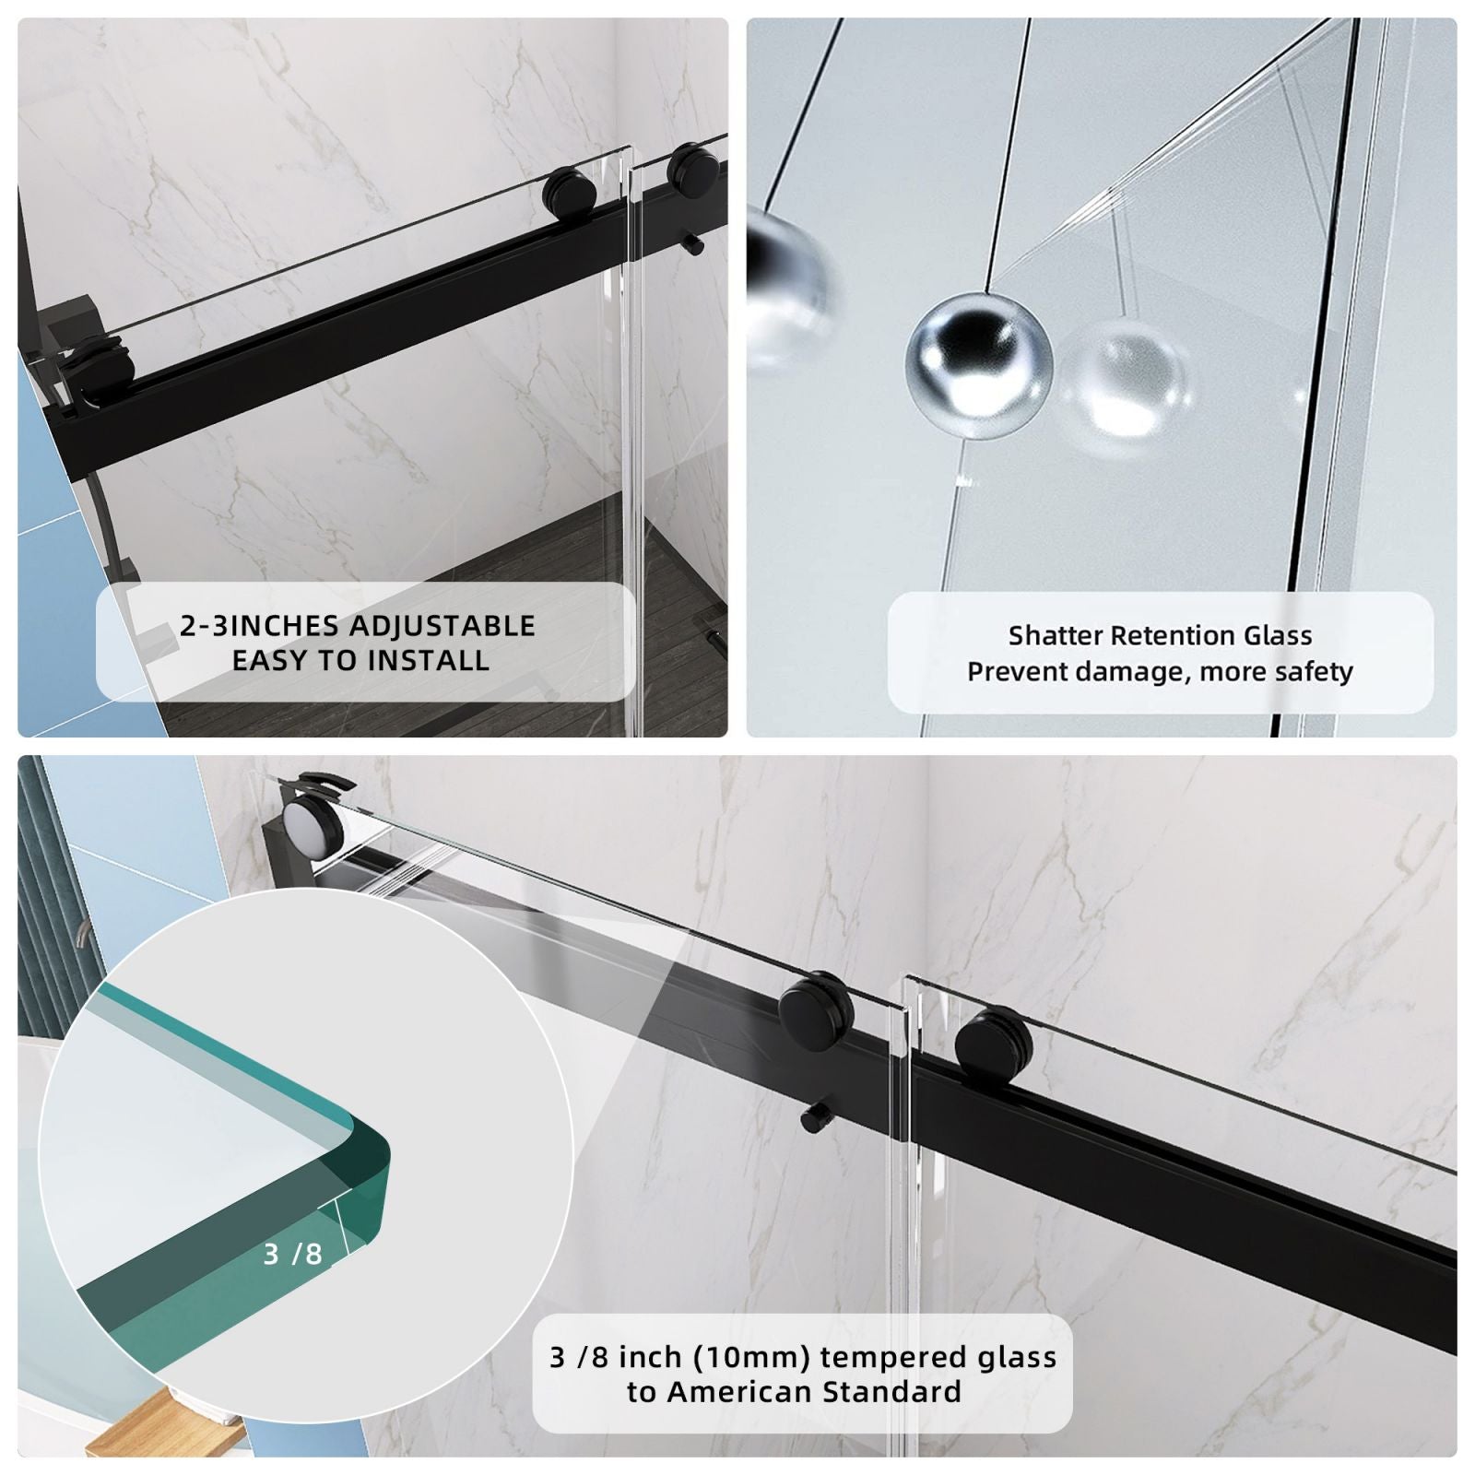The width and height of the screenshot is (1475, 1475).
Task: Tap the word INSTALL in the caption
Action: pos(428,660)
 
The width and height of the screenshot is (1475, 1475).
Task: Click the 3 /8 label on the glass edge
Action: pos(292,1254)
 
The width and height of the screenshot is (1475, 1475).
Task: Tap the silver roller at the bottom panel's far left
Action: pos(313,824)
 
